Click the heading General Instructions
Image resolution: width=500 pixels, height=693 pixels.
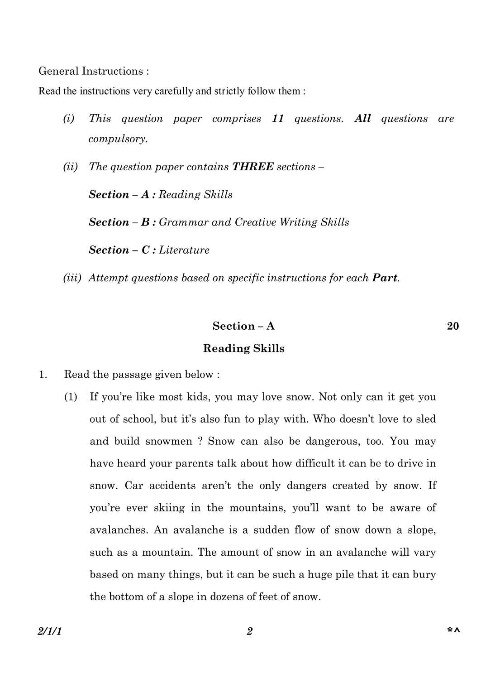click(93, 71)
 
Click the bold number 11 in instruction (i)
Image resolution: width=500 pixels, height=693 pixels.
click(278, 119)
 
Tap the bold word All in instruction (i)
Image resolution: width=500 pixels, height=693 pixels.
click(362, 119)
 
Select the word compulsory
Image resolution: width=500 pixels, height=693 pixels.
click(118, 139)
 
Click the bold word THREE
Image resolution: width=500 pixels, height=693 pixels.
click(252, 167)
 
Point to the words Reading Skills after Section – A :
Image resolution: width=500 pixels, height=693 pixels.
click(195, 195)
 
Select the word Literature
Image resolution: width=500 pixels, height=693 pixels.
click(184, 250)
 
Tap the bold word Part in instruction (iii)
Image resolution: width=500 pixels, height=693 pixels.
click(385, 278)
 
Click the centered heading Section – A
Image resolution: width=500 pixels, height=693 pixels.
click(243, 326)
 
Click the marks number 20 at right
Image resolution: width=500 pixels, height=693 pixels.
click(452, 326)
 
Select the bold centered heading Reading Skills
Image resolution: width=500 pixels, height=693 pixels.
click(243, 348)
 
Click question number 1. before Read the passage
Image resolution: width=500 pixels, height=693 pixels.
click(43, 375)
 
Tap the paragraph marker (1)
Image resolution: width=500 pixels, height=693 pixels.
click(71, 397)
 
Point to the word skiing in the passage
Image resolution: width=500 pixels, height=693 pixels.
click(169, 508)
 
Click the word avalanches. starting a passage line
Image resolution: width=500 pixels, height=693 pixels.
click(119, 530)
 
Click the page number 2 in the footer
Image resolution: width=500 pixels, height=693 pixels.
click(249, 631)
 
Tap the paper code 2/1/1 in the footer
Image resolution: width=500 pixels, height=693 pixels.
click(50, 631)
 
